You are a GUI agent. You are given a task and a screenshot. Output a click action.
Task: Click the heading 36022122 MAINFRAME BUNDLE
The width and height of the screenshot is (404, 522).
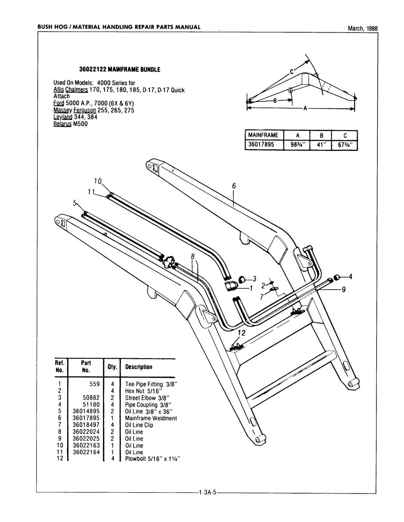coord(119,70)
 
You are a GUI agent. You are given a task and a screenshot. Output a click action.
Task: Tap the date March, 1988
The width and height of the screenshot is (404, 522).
coord(363,29)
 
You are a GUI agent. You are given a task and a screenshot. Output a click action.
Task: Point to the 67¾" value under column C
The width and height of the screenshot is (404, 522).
coord(345,145)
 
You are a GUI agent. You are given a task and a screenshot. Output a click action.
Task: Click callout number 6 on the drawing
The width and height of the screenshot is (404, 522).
coord(233,186)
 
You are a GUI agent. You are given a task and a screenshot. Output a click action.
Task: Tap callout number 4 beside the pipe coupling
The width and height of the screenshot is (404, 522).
coord(350,276)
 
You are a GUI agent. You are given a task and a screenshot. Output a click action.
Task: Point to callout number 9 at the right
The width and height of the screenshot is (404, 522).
coord(343,290)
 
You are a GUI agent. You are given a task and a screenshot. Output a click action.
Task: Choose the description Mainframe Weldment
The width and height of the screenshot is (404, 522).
coord(151,418)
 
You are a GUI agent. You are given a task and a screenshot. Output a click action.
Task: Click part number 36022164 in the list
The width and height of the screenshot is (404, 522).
coord(86,452)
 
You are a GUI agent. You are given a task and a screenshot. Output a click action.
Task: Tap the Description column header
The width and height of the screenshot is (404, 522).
coord(139,367)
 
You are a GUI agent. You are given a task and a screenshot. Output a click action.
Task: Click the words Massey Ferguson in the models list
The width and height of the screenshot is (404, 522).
coord(72,110)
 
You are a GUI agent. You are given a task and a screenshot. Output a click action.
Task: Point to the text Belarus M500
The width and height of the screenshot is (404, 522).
coord(70,124)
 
